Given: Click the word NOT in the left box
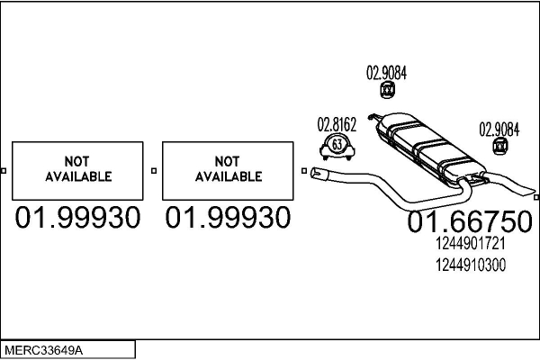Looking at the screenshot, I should click(x=77, y=160).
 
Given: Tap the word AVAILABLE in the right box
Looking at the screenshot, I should click(x=228, y=176).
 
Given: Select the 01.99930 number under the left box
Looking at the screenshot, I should click(x=77, y=218).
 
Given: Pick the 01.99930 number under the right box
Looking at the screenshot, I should click(x=228, y=218).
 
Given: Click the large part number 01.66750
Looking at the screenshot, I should click(x=469, y=222).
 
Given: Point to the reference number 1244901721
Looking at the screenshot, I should click(x=469, y=244).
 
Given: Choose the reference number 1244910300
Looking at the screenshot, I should click(x=470, y=265).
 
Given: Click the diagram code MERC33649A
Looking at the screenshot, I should click(x=45, y=348).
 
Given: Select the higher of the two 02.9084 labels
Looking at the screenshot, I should click(x=386, y=74).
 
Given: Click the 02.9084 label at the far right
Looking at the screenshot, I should click(x=499, y=128).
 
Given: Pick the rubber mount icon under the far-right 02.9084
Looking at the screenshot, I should click(x=497, y=146).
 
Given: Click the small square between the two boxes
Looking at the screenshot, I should click(x=154, y=170).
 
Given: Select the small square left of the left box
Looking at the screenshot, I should click(x=4, y=170).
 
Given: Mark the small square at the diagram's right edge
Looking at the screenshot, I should click(x=535, y=195).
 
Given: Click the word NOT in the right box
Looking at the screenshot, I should click(x=228, y=160).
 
